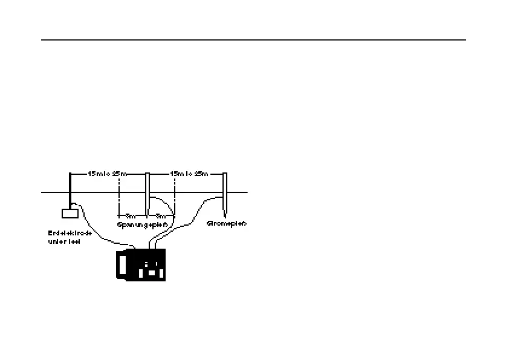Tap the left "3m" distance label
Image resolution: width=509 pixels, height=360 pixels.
coord(130,216)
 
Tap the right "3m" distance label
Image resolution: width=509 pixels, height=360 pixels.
coord(161,216)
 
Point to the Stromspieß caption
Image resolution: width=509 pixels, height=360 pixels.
coord(227,223)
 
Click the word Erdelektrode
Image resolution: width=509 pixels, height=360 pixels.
coord(70,233)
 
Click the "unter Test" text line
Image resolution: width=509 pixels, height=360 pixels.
coord(64,241)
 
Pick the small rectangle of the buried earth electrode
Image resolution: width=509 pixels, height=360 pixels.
coord(70,213)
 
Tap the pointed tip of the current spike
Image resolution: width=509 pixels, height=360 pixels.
coord(224,215)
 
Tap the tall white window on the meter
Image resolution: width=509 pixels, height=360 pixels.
coord(123,264)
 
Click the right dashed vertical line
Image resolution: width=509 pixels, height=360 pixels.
coord(174,194)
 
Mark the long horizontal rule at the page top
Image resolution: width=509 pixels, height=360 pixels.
coord(254,41)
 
